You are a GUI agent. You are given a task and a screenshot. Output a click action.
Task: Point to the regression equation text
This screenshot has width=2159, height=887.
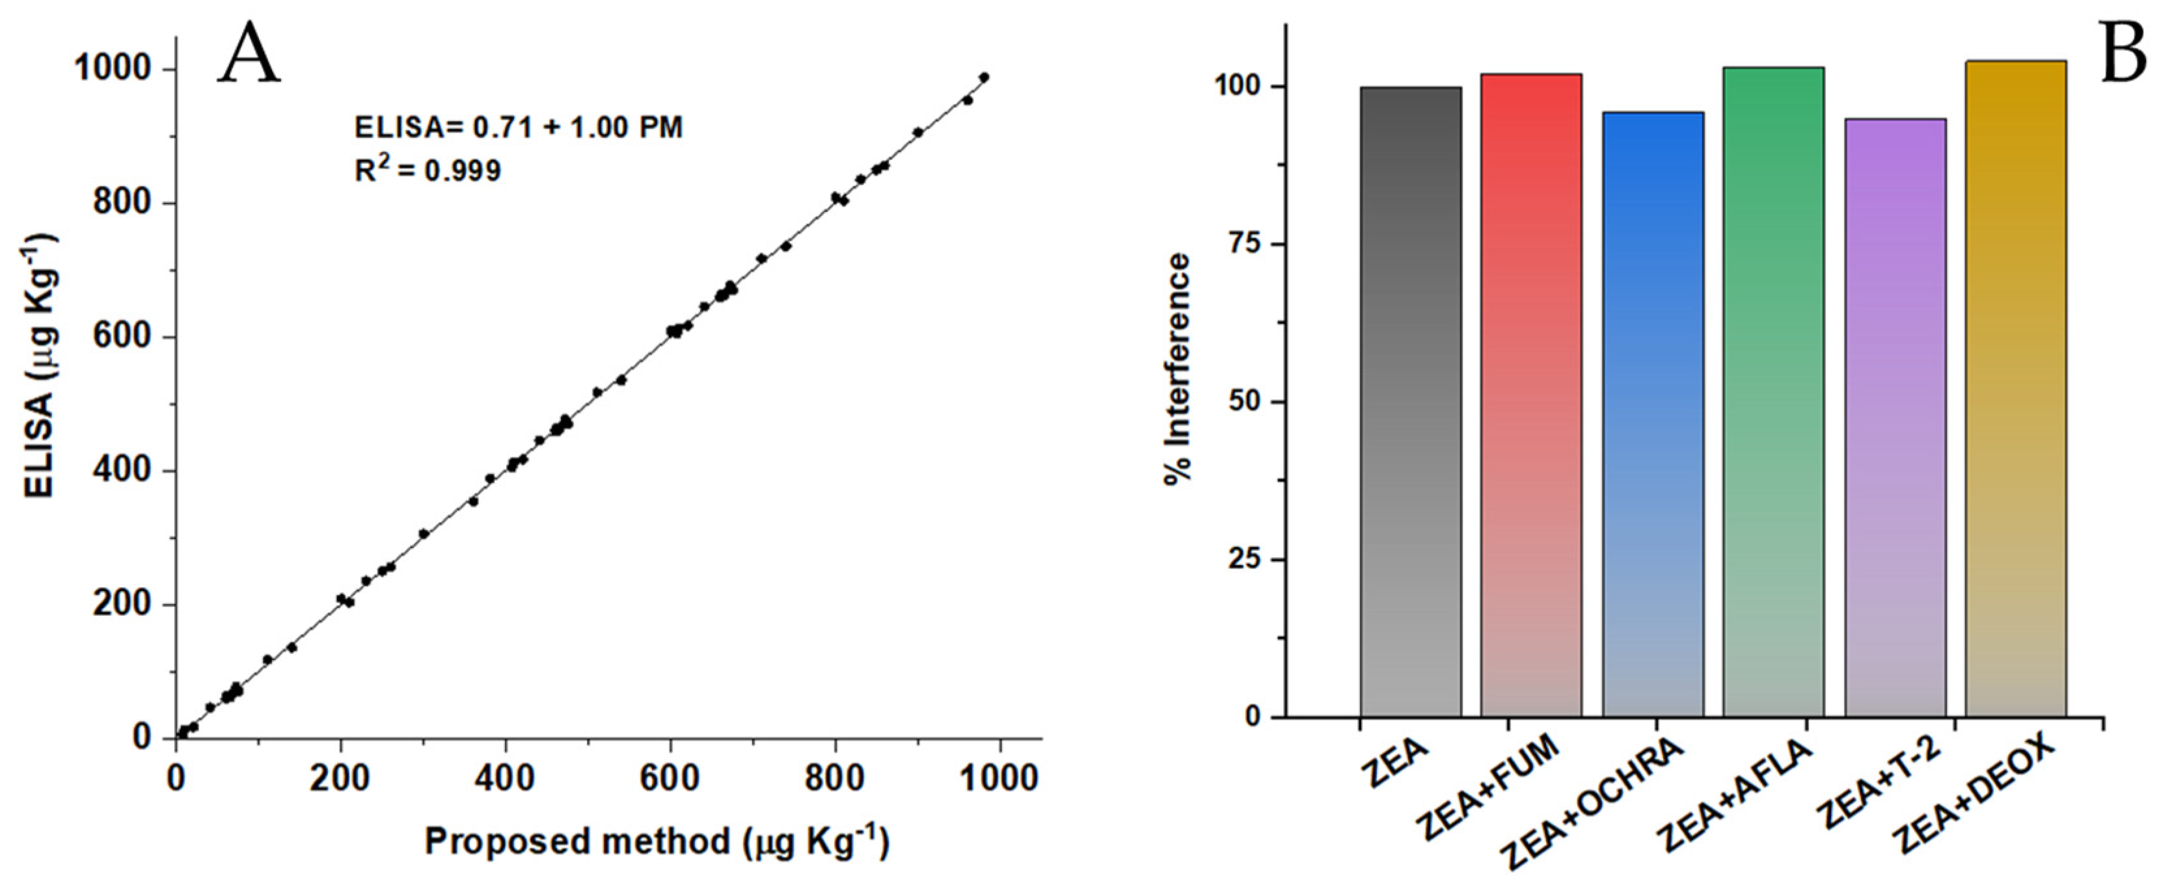tap(518, 127)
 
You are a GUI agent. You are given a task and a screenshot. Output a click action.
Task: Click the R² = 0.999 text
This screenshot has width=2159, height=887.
tap(428, 170)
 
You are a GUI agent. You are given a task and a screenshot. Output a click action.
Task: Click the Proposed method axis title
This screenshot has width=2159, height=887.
tap(657, 841)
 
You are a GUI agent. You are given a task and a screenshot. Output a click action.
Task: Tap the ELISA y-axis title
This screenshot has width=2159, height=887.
tap(40, 366)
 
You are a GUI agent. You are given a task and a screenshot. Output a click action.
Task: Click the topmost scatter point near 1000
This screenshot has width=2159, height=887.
tap(984, 77)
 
